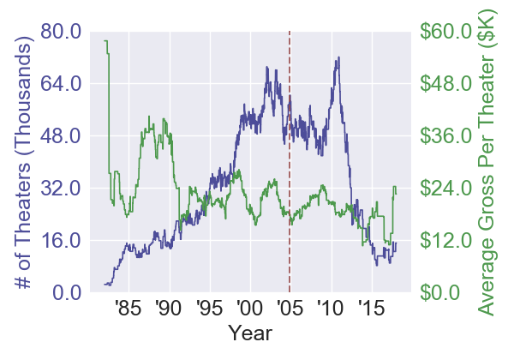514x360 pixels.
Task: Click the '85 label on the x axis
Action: tap(127, 308)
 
